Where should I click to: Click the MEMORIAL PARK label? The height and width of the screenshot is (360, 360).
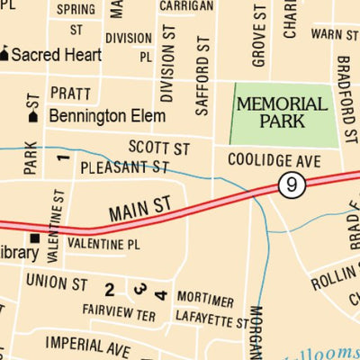click(x=281, y=112)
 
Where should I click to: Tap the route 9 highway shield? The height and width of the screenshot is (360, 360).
click(x=288, y=184)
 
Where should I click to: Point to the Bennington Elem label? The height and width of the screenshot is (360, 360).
click(x=107, y=116)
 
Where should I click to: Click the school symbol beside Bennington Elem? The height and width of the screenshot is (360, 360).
click(x=33, y=116)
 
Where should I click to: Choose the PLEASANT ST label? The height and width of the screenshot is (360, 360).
click(x=124, y=167)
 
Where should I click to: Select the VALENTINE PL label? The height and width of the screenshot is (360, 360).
click(x=104, y=243)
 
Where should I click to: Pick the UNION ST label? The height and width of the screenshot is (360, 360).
click(x=56, y=283)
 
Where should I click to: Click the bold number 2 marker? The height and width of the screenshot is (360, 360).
click(x=109, y=289)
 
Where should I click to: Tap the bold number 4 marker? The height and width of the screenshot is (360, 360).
click(x=160, y=293)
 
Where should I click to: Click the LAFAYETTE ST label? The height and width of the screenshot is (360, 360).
click(x=209, y=318)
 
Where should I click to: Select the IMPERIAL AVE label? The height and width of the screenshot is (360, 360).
click(x=88, y=345)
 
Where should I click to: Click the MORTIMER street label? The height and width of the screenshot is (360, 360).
click(x=205, y=300)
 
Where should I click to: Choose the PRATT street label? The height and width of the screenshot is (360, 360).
click(x=70, y=93)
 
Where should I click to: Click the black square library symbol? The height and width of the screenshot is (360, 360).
click(x=35, y=238)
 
